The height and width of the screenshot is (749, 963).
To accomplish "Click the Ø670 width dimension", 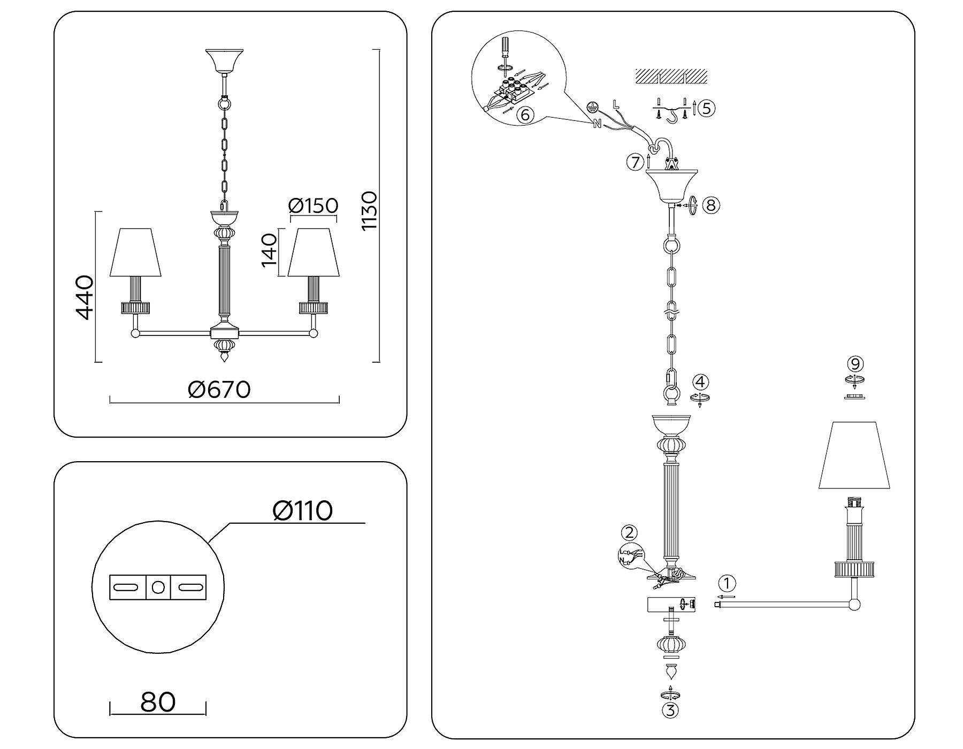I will tap(219, 389).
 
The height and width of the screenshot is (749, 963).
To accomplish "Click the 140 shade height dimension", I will tap(269, 250).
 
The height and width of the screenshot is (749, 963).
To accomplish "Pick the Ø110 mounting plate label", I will tap(302, 510).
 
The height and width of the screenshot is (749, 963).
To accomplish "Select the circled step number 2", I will tap(629, 532).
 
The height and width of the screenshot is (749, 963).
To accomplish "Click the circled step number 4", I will tap(700, 382).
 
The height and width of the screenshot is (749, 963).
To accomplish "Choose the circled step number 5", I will tap(706, 108).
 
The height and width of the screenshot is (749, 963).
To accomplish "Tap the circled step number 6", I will tap(525, 114).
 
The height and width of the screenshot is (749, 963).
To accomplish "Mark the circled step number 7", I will tap(635, 162).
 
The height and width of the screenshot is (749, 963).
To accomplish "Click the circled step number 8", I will tap(710, 205).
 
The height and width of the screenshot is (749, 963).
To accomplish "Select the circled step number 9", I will tap(855, 364).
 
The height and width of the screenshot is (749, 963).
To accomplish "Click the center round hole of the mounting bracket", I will tap(158, 587).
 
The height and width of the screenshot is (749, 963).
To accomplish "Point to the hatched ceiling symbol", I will tap(671, 76).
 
